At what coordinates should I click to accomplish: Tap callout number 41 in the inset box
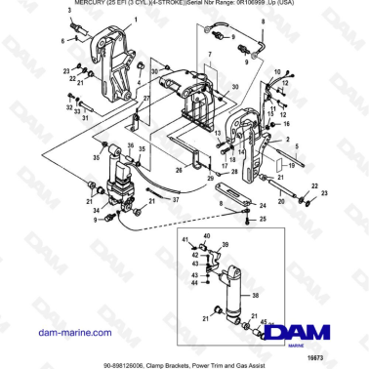pos(185,238)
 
